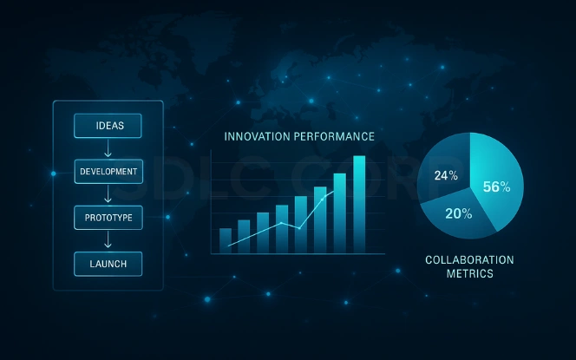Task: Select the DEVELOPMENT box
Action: coord(108,172)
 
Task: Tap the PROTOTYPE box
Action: coord(108,217)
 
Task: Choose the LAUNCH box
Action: coord(108,263)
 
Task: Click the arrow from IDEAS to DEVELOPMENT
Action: coord(108,149)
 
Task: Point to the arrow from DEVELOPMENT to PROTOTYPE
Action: coord(108,194)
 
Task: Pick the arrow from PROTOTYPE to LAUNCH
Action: coord(108,240)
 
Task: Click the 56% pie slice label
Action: coord(497,187)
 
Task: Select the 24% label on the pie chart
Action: coord(446,175)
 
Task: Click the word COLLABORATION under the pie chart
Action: coord(469,259)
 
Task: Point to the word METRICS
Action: coord(469,273)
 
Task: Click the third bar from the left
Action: coord(263,232)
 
